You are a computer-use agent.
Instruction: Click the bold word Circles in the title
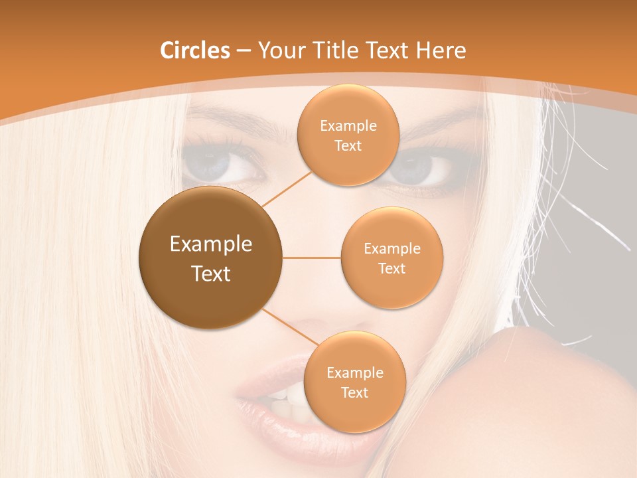click(x=194, y=50)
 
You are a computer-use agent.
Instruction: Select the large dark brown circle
click(x=211, y=258)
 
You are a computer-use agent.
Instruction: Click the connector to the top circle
click(x=287, y=187)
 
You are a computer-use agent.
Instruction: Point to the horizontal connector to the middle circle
click(x=312, y=258)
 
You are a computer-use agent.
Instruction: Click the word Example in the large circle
click(x=211, y=244)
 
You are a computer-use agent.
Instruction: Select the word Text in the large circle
click(x=211, y=274)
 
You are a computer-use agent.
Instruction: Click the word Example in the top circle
click(x=348, y=126)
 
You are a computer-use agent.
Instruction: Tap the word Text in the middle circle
click(x=391, y=268)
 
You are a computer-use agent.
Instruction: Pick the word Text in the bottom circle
click(x=354, y=392)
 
